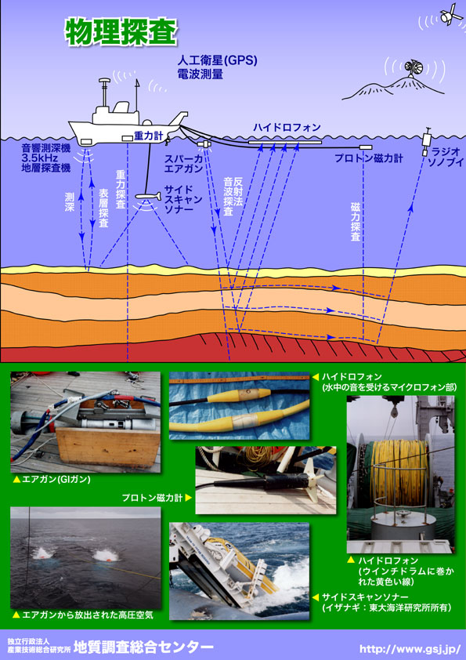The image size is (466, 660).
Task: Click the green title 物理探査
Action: pyautogui.click(x=121, y=32)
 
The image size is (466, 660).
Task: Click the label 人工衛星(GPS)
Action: pyautogui.click(x=217, y=60)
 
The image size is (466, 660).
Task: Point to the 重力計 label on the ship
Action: pyautogui.click(x=149, y=136)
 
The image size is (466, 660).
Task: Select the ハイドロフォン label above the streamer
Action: pyautogui.click(x=287, y=127)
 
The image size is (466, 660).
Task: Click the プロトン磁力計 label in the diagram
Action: pyautogui.click(x=368, y=158)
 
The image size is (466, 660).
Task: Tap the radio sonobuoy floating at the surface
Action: pyautogui.click(x=427, y=142)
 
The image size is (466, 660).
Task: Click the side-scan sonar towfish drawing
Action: pyautogui.click(x=149, y=196)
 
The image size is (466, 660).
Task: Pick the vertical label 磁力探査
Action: pyautogui.click(x=356, y=222)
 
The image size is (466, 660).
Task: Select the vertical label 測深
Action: pyautogui.click(x=70, y=202)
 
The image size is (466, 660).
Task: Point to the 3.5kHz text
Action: pyautogui.click(x=40, y=158)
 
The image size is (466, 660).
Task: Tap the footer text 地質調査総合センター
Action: pyautogui.click(x=143, y=647)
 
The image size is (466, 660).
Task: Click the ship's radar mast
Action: pyautogui.click(x=104, y=92)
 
